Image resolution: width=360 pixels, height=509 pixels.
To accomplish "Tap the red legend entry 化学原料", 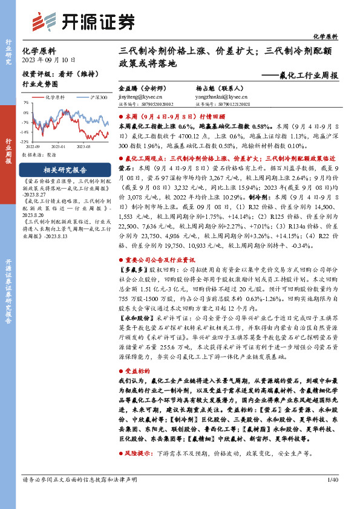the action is pyautogui.click(x=52, y=97).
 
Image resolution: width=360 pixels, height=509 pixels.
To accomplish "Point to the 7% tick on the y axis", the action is pyautogui.click(x=26, y=103).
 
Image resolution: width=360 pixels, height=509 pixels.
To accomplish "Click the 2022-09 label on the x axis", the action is pyautogui.click(x=32, y=146).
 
